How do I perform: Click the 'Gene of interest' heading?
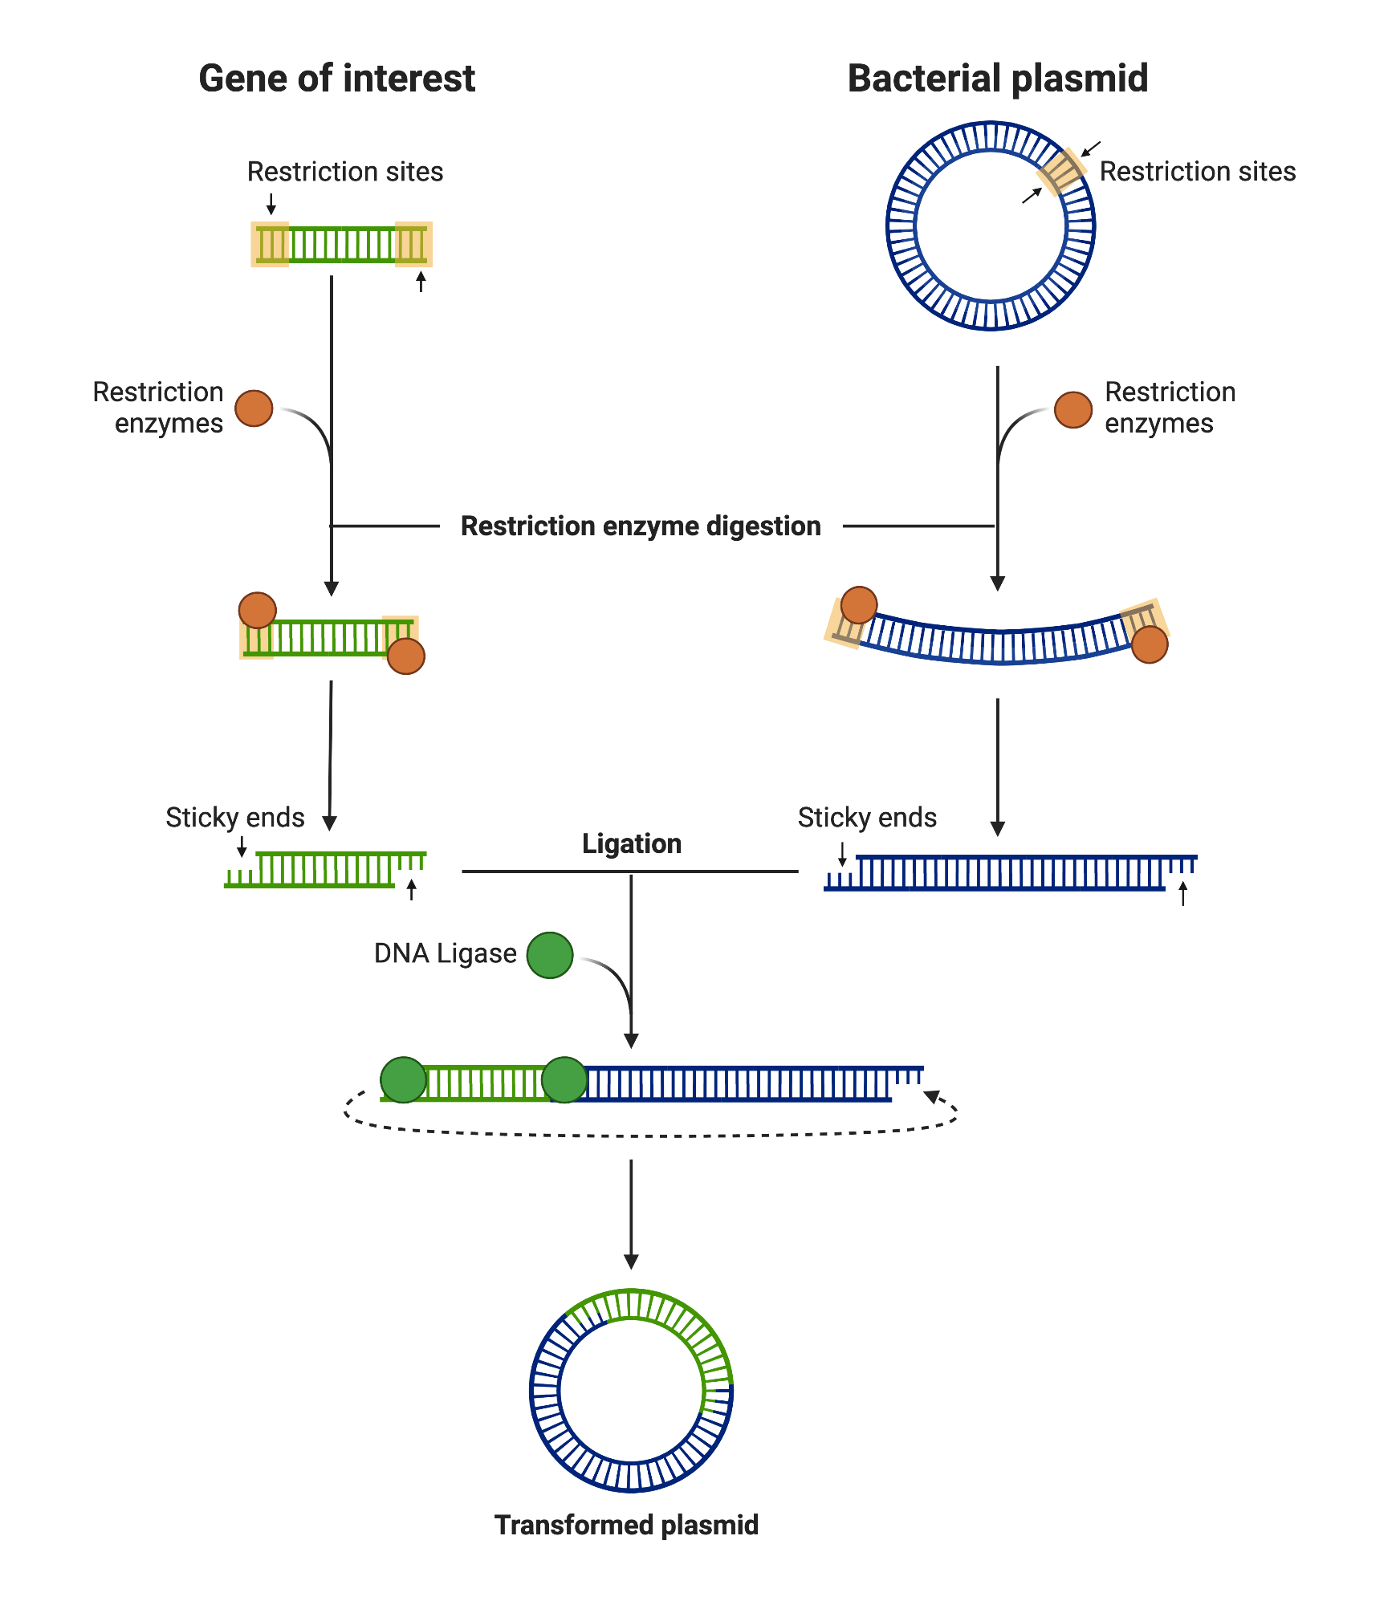point(336,79)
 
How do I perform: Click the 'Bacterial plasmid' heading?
point(997,79)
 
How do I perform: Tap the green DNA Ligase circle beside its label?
point(550,955)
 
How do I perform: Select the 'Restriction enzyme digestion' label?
point(641,526)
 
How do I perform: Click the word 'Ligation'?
point(632,843)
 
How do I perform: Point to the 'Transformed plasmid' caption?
point(626,1525)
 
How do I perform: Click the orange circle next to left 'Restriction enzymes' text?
point(254,408)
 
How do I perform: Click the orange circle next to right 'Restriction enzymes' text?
point(1072,410)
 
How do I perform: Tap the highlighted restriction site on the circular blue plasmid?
point(1061,171)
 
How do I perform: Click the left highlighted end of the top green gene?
point(270,244)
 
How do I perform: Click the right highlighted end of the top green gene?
point(413,244)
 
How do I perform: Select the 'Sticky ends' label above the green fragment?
point(234,817)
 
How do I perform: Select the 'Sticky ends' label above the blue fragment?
point(867,817)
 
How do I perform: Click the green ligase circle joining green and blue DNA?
point(564,1080)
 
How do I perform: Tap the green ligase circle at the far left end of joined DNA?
point(403,1080)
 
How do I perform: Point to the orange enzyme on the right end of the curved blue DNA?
point(1149,644)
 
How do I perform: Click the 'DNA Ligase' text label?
point(445,953)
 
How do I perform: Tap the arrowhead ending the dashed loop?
point(932,1096)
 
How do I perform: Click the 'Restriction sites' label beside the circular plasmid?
point(1197,172)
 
